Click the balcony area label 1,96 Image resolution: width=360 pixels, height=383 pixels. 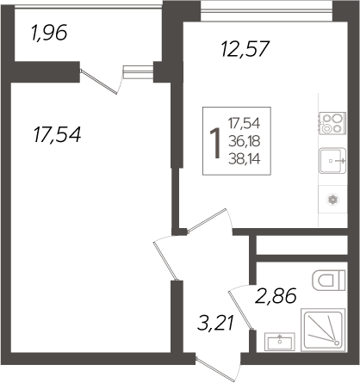48,35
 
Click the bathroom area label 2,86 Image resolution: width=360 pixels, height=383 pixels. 276,298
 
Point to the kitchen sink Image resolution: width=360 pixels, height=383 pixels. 332,161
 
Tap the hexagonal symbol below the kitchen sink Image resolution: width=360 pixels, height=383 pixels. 332,198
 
